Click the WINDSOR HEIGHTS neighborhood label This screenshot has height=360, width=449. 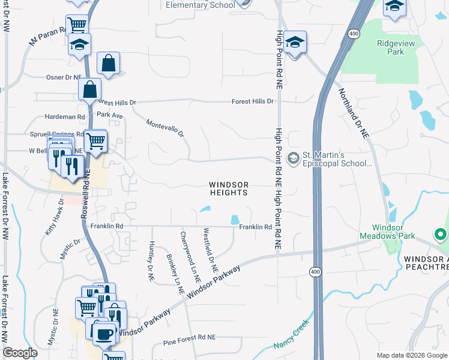pyautogui.click(x=228, y=188)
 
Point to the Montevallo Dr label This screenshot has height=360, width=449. pyautogui.click(x=165, y=128)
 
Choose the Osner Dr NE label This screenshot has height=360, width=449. pyautogui.click(x=63, y=77)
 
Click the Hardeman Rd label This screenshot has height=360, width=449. pyautogui.click(x=65, y=117)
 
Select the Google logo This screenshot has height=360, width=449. pyautogui.click(x=20, y=353)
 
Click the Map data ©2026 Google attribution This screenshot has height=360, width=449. pyautogui.click(x=411, y=355)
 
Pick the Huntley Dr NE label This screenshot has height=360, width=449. pyautogui.click(x=151, y=261)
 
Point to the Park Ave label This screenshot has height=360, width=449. pyautogui.click(x=109, y=114)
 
